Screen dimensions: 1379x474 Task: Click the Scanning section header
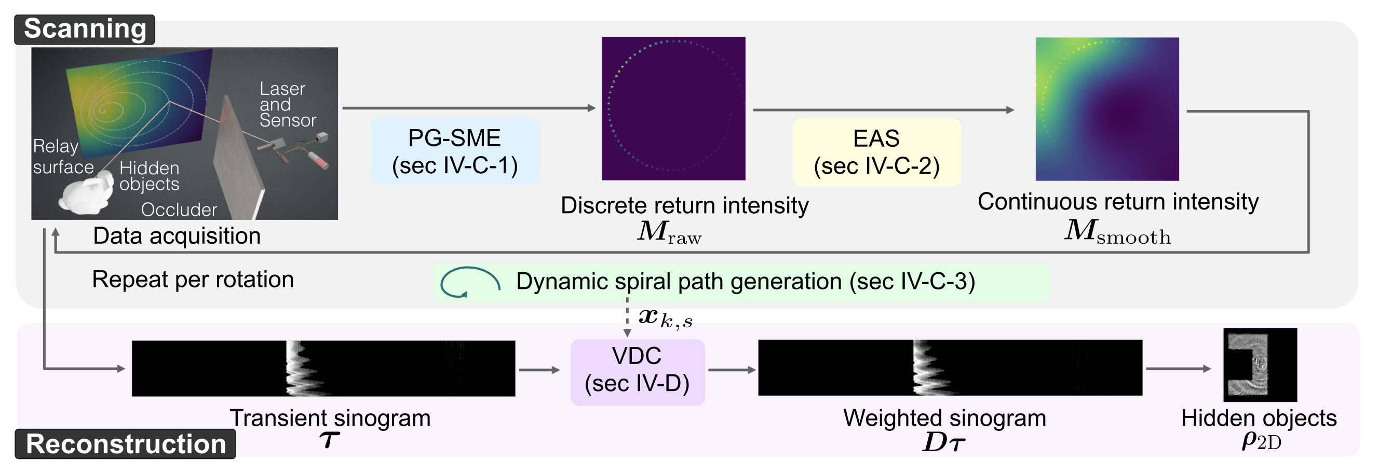pos(85,29)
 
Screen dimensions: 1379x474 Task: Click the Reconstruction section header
pos(125,444)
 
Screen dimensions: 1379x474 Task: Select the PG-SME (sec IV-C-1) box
pos(455,151)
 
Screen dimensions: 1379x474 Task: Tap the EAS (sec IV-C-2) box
pos(877,152)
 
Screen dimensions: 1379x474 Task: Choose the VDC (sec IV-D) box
pos(638,372)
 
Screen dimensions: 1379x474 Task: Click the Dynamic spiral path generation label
pos(746,282)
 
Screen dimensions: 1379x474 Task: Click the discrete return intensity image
pos(673,108)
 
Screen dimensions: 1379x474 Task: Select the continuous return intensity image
pos(1107,109)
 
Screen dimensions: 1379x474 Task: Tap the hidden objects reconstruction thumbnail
pos(1260,365)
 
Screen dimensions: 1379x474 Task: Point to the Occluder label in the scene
pos(179,210)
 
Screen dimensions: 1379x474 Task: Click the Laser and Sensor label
pos(288,104)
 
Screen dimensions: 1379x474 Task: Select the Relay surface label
pos(63,156)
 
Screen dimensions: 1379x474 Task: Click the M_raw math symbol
pos(669,232)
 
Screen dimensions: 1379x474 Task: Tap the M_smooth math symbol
pos(1117,232)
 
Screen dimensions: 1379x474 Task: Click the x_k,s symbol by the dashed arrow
pos(666,318)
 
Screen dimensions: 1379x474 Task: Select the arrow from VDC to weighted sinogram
pos(732,370)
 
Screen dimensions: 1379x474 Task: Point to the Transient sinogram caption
pos(330,418)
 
